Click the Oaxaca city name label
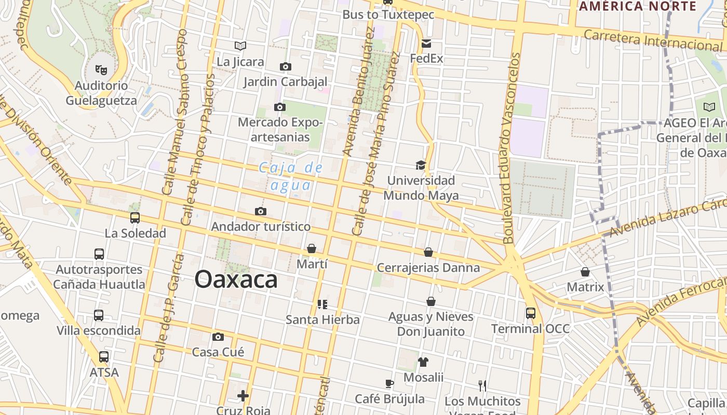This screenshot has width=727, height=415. [236, 280]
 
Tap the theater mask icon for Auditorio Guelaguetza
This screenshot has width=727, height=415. [101, 68]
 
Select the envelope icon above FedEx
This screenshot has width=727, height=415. [426, 43]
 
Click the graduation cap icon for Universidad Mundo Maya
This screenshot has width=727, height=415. [421, 165]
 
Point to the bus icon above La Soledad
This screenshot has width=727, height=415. [135, 218]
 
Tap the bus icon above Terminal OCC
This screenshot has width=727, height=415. [530, 313]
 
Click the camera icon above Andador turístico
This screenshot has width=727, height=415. [261, 211]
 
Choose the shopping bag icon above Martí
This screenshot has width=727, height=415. [312, 248]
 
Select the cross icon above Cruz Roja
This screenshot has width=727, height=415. [243, 396]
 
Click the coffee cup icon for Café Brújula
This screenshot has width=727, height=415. [389, 383]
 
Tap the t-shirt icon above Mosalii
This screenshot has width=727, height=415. [423, 362]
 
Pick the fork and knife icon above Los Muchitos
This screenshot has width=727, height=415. [482, 385]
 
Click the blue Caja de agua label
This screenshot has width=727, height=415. [291, 176]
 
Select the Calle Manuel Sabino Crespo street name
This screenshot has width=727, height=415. [174, 112]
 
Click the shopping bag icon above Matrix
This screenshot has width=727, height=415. [585, 272]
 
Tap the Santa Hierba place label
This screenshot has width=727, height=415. [322, 320]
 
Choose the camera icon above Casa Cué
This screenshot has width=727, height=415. [218, 337]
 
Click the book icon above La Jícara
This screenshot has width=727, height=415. [240, 46]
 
